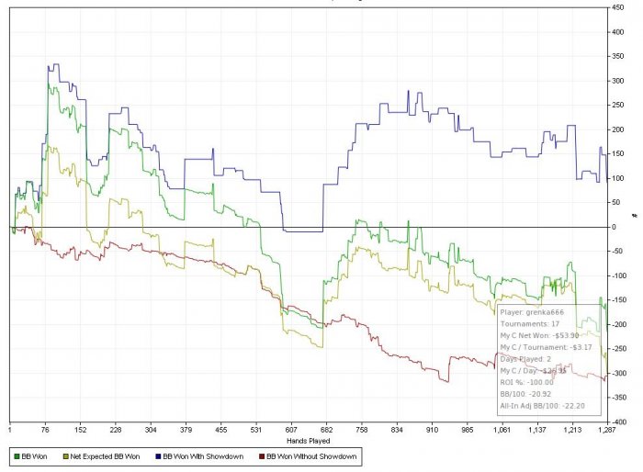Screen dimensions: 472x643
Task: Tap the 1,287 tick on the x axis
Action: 605,429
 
